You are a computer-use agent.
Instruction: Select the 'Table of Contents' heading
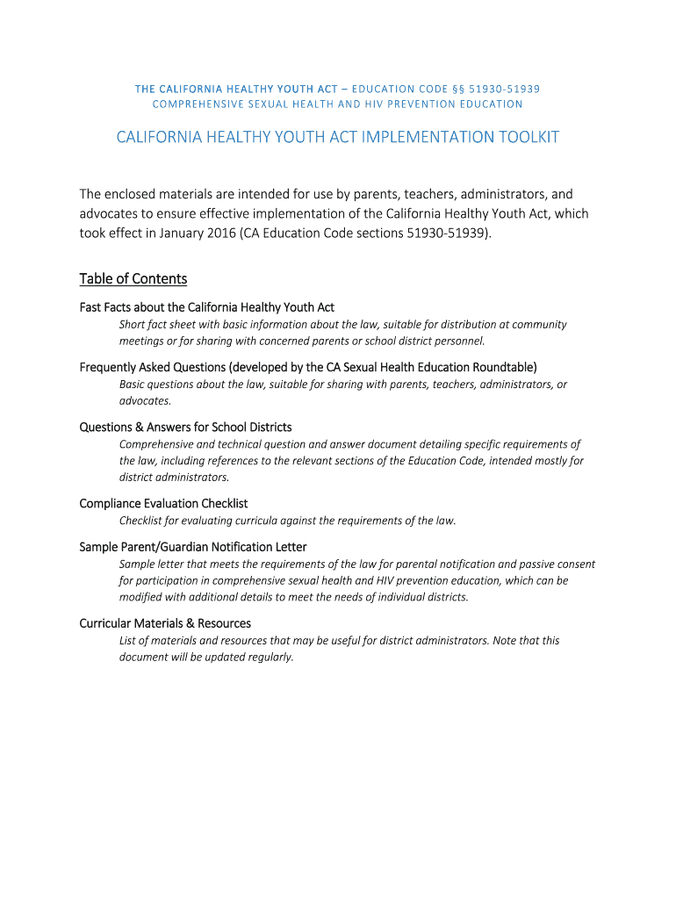(133, 278)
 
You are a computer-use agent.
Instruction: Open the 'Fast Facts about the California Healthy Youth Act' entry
(207, 307)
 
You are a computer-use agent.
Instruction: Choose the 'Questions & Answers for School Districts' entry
(185, 428)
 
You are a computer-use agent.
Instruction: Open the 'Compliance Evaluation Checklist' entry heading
(163, 504)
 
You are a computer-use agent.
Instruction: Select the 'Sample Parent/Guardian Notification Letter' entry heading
(193, 547)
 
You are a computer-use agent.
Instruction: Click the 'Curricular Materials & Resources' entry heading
(165, 623)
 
